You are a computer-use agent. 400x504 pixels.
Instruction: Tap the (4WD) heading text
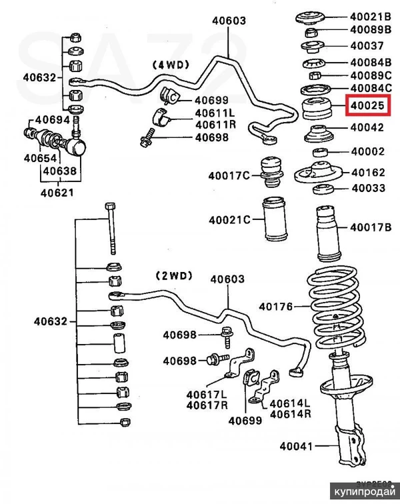(x=171, y=64)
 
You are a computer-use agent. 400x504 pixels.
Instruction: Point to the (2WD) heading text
(x=175, y=275)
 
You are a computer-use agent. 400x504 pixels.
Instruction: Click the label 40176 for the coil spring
(x=276, y=307)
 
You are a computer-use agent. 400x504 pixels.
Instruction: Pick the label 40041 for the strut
(x=296, y=445)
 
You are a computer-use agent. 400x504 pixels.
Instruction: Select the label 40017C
(x=229, y=176)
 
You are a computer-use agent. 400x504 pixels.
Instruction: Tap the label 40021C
(x=229, y=220)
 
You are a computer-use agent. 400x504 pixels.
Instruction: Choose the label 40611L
(x=215, y=113)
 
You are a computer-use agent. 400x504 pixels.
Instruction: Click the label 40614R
(x=291, y=414)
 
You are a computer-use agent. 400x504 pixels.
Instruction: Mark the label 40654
(x=40, y=159)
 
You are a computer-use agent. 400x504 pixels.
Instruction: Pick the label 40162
(x=367, y=172)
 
